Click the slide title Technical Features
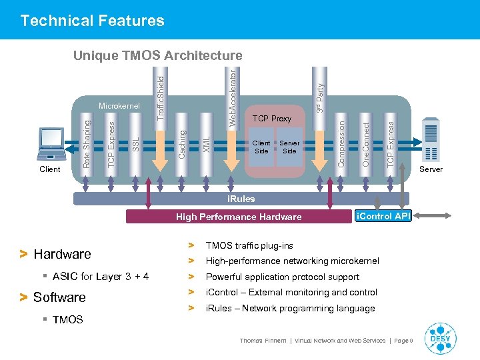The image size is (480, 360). click(92, 21)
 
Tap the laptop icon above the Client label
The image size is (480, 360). click(51, 144)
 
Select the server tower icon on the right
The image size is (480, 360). click(431, 141)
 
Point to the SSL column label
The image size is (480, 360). click(135, 144)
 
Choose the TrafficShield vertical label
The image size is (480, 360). click(160, 97)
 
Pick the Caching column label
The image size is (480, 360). click(181, 144)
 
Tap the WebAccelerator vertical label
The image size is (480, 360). click(233, 93)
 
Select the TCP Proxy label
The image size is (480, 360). click(272, 119)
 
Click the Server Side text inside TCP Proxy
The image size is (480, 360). click(289, 147)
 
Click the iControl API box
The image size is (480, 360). click(383, 215)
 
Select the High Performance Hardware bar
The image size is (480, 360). click(239, 217)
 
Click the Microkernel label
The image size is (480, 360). click(119, 106)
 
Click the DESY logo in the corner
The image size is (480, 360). click(441, 338)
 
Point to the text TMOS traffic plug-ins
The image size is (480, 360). click(249, 246)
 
